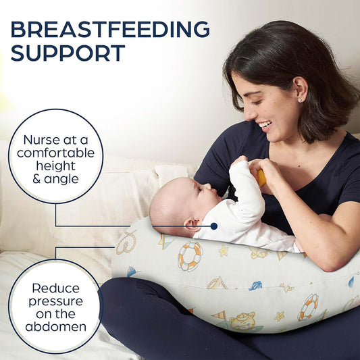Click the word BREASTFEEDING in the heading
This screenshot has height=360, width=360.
(x=109, y=30)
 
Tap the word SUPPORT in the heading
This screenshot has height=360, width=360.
(x=68, y=53)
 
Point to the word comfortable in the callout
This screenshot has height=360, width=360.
(x=55, y=153)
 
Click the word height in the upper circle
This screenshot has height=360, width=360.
(x=55, y=165)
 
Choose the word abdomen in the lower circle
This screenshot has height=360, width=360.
(x=55, y=326)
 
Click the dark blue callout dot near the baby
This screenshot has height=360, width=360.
(x=214, y=226)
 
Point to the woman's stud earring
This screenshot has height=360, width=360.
(x=299, y=99)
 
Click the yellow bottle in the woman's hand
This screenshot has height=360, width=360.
(x=261, y=178)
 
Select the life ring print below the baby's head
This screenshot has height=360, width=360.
(x=190, y=256)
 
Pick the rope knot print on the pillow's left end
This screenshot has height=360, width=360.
(x=126, y=241)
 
